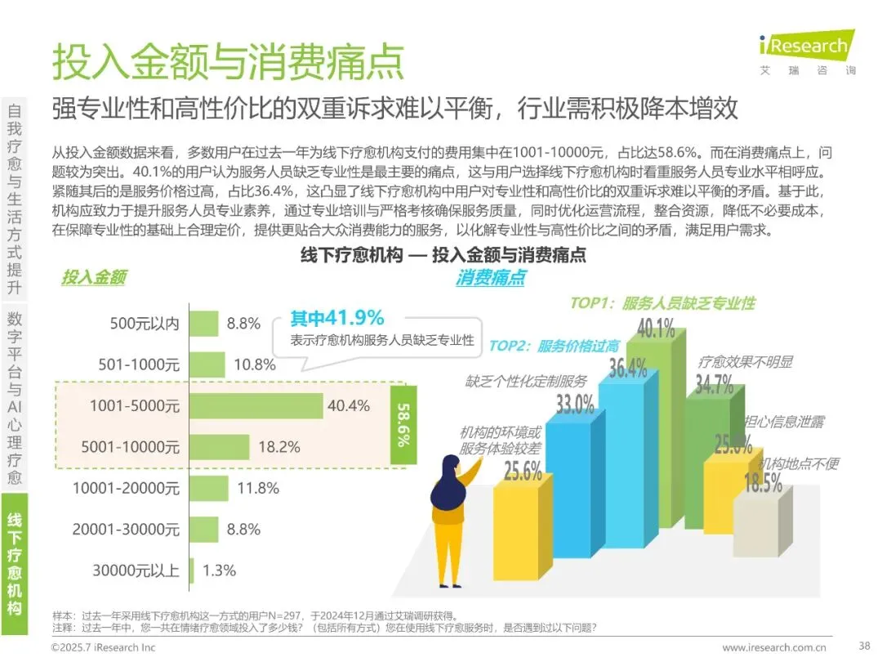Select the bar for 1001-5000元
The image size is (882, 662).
[x=256, y=406]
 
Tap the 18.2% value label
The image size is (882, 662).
[x=279, y=447]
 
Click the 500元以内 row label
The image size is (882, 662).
[x=145, y=324]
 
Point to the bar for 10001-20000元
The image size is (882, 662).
[x=209, y=488]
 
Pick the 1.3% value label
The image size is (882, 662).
[x=219, y=570]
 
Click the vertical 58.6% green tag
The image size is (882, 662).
[x=404, y=425]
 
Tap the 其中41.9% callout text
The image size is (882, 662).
[x=337, y=318]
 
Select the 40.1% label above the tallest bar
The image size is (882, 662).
[x=656, y=328]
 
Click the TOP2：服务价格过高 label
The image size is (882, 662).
[x=554, y=346]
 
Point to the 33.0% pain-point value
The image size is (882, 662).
[x=575, y=405]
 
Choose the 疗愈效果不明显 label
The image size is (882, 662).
[x=746, y=362]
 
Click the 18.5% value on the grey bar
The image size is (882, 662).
[x=763, y=483]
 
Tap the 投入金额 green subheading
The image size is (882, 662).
[x=94, y=277]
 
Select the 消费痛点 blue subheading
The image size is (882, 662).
[x=491, y=277]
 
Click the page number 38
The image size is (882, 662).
[x=865, y=646]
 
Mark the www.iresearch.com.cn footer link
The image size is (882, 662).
[x=774, y=647]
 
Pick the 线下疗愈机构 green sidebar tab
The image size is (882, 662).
[x=15, y=563]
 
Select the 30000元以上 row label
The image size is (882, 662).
[x=136, y=570]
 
